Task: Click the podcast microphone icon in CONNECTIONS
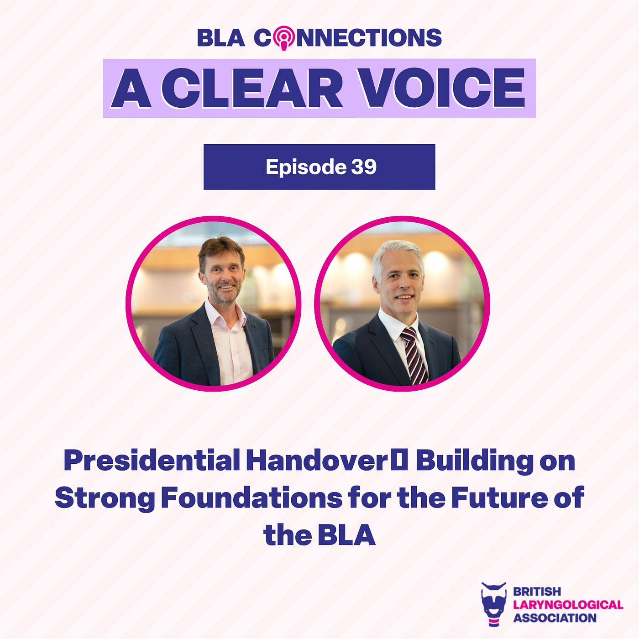coord(284,37)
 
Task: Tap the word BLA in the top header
coord(221,38)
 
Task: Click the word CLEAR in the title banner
coord(257,88)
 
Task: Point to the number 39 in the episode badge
coord(364,167)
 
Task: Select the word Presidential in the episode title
coord(152,461)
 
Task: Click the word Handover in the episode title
coord(316,461)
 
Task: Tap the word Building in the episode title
coord(474,461)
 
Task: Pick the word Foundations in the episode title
coord(251,498)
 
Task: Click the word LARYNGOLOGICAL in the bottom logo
coord(568,605)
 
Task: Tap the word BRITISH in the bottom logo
coord(537,592)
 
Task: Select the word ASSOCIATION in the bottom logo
coord(555,618)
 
